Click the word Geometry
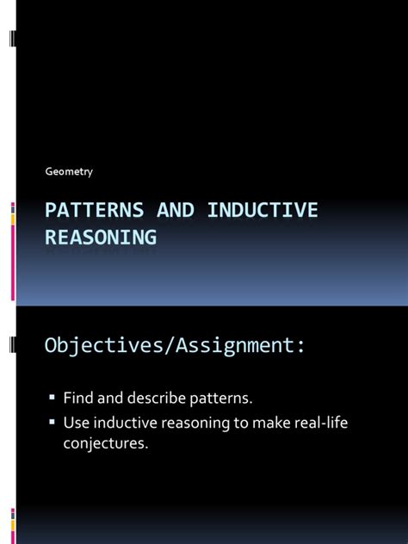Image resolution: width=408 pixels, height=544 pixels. pyautogui.click(x=69, y=171)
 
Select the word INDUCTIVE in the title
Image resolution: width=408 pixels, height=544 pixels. pyautogui.click(x=256, y=211)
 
